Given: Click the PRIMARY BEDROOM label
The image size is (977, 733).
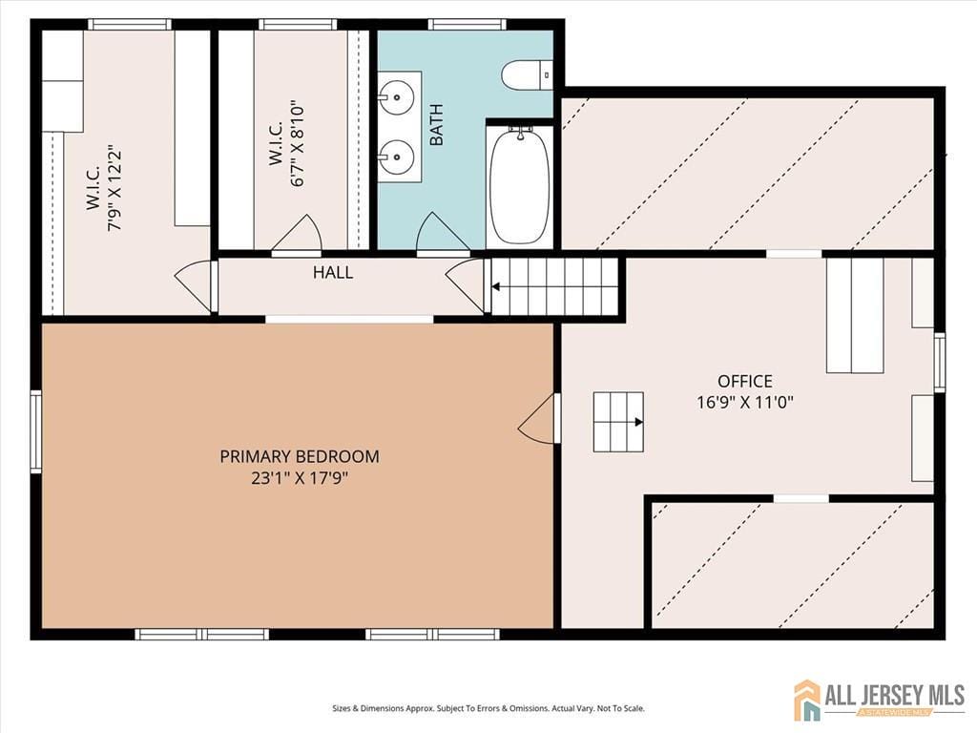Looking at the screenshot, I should (x=299, y=456).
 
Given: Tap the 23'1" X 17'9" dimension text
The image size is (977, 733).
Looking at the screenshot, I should (x=299, y=478).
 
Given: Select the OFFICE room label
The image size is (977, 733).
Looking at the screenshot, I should (x=745, y=381).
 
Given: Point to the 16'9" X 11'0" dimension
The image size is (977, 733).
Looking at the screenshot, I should (x=745, y=402).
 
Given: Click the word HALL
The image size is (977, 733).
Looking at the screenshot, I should (x=333, y=273).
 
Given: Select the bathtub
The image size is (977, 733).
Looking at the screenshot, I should (x=519, y=186).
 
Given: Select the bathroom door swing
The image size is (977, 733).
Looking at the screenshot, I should (x=442, y=235).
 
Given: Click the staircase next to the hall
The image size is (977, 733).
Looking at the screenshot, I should (x=554, y=285).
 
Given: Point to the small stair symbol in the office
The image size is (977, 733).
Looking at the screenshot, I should (x=618, y=421).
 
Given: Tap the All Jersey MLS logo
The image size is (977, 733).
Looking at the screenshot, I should (x=879, y=700).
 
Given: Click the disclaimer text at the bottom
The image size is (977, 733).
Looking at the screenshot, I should (x=488, y=708).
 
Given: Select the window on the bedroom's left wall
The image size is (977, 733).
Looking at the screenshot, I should (x=35, y=431).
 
